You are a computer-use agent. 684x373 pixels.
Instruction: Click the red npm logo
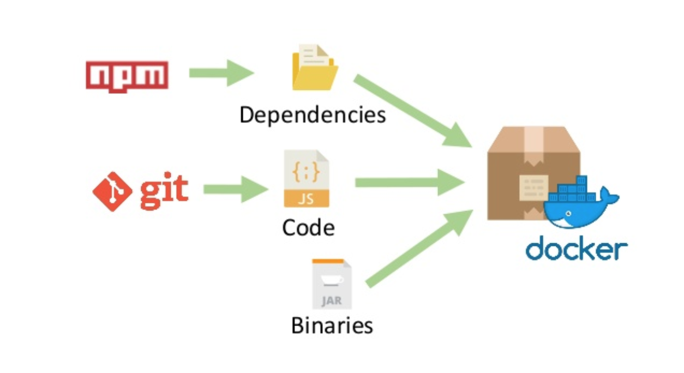(127, 75)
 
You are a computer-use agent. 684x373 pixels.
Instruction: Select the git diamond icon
(112, 191)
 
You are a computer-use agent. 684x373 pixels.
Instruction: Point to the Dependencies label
(313, 115)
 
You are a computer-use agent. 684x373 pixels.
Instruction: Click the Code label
(308, 227)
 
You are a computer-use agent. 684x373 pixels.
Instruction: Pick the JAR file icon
(332, 284)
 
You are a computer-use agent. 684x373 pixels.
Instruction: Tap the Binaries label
(332, 326)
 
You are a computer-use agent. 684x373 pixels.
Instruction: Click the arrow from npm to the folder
(221, 73)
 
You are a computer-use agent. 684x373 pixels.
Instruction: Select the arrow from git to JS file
(235, 190)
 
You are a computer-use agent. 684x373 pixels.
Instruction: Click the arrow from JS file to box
(409, 182)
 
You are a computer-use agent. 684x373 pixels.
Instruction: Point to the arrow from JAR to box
(417, 248)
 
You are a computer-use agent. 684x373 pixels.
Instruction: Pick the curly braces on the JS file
(306, 173)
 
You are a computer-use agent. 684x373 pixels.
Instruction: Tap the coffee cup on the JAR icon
(332, 280)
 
